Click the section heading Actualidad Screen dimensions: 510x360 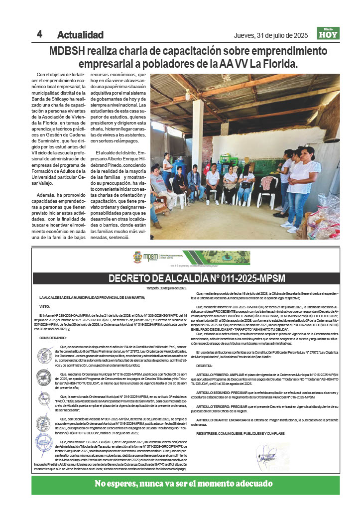[80, 35]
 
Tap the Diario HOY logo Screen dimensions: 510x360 [328, 33]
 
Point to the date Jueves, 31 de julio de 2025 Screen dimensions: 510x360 [271, 35]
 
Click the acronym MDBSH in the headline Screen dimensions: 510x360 [68, 51]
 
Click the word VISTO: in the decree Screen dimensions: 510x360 [45, 306]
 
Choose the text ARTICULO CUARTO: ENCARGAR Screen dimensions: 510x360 [221, 420]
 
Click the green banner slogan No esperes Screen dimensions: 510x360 [184, 484]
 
